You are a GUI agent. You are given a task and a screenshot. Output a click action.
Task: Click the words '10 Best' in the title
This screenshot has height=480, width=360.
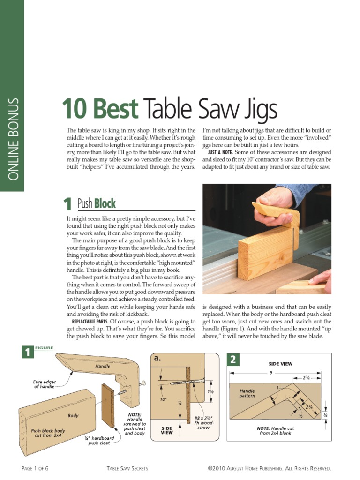(100, 109)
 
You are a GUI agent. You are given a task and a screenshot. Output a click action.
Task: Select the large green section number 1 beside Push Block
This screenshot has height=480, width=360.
(68, 203)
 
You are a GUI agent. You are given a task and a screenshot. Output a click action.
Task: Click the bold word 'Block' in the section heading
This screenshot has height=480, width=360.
(105, 203)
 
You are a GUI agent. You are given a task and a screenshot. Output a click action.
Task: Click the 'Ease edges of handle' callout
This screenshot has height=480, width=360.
(44, 384)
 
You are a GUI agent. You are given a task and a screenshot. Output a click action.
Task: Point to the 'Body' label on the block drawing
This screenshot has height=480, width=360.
(73, 415)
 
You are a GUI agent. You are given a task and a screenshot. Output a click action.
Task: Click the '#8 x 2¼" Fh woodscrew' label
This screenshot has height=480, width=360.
(204, 421)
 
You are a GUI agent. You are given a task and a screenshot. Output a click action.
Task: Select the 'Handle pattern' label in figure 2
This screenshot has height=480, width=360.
(247, 393)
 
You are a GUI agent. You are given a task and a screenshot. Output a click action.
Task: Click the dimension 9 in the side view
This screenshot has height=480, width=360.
(270, 373)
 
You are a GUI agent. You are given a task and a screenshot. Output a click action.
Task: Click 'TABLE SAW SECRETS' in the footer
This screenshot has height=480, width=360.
(127, 468)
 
